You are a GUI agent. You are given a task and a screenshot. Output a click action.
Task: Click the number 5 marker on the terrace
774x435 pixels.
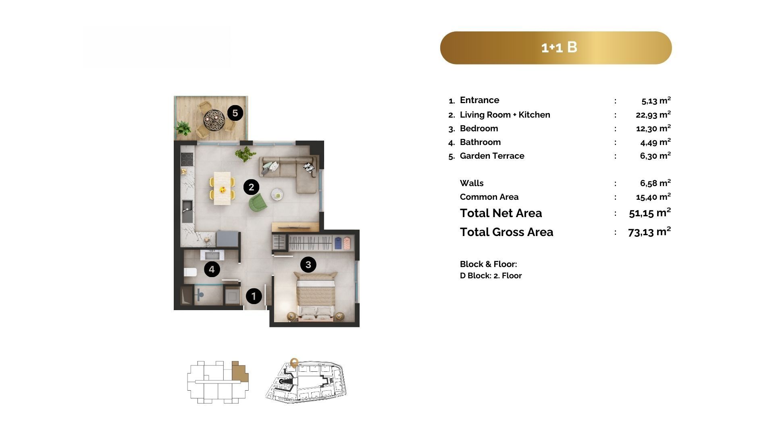click(x=235, y=113)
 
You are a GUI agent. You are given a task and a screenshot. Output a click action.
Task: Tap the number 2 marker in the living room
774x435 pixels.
click(x=251, y=187)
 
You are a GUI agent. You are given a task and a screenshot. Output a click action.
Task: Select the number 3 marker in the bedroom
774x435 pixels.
click(x=308, y=265)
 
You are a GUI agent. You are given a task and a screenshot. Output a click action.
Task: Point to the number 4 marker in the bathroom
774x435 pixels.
click(x=212, y=269)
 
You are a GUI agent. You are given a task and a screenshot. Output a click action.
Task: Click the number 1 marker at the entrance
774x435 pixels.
click(x=254, y=296)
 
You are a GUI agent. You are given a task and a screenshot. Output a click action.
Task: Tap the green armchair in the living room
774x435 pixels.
click(x=258, y=202)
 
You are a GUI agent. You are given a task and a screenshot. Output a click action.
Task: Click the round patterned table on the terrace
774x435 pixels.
click(x=213, y=118)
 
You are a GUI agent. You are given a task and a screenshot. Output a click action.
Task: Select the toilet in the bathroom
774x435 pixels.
click(x=190, y=272)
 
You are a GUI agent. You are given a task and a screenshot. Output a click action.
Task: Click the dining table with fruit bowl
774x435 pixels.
click(x=222, y=188)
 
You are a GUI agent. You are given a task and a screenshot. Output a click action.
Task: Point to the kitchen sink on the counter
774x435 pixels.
click(x=187, y=211)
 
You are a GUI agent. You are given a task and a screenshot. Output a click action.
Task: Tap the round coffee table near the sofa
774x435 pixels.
click(x=277, y=195)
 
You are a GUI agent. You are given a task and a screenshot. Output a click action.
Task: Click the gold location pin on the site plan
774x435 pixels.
click(x=294, y=362)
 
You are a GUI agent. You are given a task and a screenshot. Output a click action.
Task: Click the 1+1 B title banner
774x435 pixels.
click(x=556, y=48)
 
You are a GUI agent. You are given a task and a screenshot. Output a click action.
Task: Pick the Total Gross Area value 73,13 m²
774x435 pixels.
click(x=649, y=232)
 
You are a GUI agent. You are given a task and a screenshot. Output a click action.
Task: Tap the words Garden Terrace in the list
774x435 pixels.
click(x=492, y=156)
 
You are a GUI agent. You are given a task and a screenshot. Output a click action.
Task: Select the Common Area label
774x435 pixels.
click(x=489, y=197)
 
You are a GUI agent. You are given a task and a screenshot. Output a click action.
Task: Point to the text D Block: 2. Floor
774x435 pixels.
click(x=491, y=275)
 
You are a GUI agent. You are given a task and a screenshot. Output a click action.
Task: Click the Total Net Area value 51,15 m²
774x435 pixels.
click(x=650, y=213)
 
